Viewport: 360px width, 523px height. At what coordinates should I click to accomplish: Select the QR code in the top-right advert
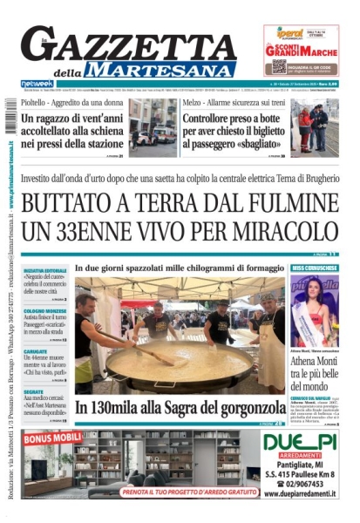tap(278, 66)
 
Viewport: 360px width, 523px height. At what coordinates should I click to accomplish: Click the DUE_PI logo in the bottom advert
tap(300, 442)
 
